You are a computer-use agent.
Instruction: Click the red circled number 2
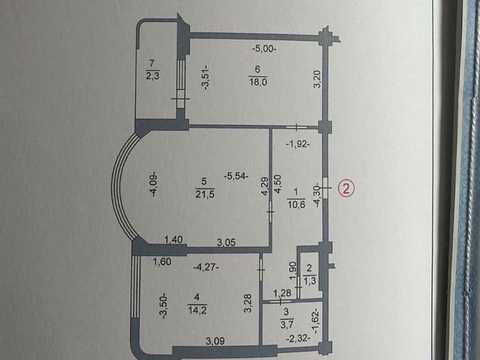pyautogui.click(x=346, y=188)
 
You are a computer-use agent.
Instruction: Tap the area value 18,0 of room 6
pyautogui.click(x=258, y=82)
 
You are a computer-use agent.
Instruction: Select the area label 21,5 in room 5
pyautogui.click(x=205, y=194)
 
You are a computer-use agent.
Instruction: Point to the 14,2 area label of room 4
pyautogui.click(x=197, y=310)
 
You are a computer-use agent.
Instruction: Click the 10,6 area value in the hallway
pyautogui.click(x=296, y=204)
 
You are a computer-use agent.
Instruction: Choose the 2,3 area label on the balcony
pyautogui.click(x=153, y=76)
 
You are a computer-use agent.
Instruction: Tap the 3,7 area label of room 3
pyautogui.click(x=286, y=324)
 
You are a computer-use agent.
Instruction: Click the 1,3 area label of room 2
pyautogui.click(x=310, y=281)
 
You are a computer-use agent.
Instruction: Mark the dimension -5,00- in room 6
pyautogui.click(x=265, y=49)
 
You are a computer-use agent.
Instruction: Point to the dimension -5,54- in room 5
pyautogui.click(x=236, y=176)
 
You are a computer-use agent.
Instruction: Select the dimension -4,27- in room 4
pyautogui.click(x=207, y=267)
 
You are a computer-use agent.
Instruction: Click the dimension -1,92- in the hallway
pyautogui.click(x=298, y=144)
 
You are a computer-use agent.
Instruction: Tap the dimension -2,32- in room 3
pyautogui.click(x=299, y=339)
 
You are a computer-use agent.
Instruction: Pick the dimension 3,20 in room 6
pyautogui.click(x=317, y=79)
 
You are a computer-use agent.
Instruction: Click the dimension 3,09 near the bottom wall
pyautogui.click(x=215, y=341)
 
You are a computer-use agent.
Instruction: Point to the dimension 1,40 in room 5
pyautogui.click(x=174, y=239)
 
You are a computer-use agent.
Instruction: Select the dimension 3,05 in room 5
pyautogui.click(x=226, y=242)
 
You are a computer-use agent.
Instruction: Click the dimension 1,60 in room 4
pyautogui.click(x=162, y=262)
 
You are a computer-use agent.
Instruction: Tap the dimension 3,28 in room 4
pyautogui.click(x=248, y=303)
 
